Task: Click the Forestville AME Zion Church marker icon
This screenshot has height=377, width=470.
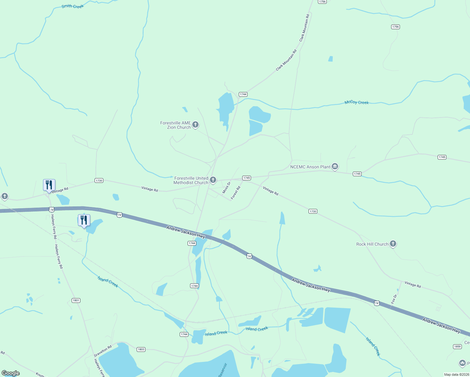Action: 195,125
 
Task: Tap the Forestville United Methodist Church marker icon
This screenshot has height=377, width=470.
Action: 213,180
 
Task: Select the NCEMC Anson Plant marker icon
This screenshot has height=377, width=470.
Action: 335,167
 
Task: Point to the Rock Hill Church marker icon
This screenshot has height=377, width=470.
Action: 393,244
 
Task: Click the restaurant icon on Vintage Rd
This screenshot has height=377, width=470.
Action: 49,185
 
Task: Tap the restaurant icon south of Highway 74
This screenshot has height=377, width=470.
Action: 84,220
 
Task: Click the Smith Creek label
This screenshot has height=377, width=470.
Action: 73,6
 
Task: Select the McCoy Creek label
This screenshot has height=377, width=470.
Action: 357,102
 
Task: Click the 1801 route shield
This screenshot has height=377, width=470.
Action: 76,300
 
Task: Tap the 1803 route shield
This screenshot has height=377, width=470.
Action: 141,349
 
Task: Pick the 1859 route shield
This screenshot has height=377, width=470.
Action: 457,347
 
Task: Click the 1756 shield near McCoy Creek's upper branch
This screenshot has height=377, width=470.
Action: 396,27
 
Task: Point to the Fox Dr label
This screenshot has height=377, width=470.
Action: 394,299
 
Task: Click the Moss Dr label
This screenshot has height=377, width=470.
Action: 227,188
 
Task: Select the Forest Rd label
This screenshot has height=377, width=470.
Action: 236,193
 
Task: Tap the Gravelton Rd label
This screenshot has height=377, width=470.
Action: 103,351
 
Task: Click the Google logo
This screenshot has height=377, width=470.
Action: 11,373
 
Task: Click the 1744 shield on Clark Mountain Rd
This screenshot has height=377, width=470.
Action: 243,94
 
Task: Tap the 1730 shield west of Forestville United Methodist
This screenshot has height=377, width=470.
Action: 99,180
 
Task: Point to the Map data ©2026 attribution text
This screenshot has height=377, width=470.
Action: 456,374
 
